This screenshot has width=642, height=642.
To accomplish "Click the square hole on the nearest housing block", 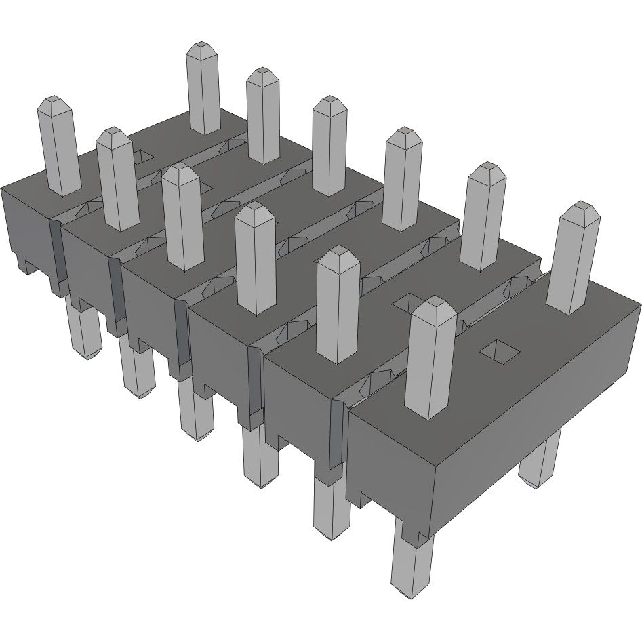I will coord(500,350).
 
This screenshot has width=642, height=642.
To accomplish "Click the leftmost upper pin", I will coord(58,145).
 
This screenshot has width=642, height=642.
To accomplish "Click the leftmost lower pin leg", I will coord(85,332).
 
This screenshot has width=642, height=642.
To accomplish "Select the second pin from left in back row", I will coord(264,115).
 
